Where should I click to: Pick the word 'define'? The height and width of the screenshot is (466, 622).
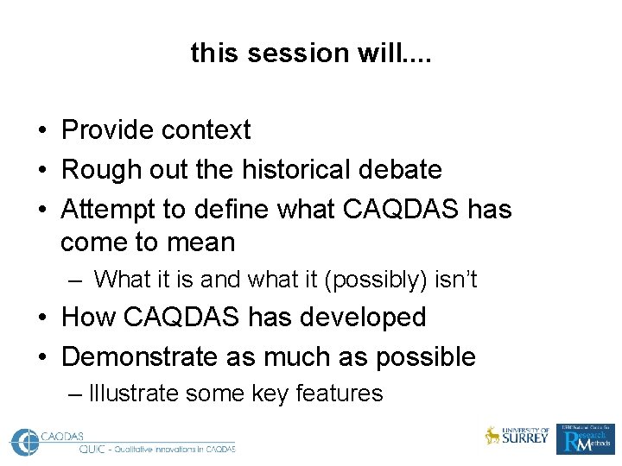[238, 209]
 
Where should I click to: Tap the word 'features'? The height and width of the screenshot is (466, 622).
[339, 394]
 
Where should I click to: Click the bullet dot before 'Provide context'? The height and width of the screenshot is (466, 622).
[41, 131]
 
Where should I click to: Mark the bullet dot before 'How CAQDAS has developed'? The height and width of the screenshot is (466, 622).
[41, 318]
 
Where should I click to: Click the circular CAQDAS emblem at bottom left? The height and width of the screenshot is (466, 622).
[27, 441]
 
